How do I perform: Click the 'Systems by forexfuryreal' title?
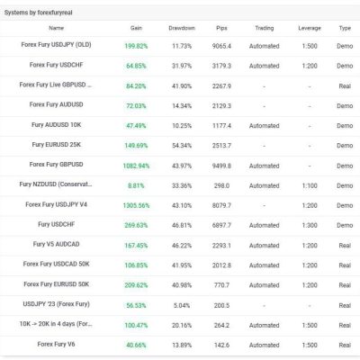(38, 13)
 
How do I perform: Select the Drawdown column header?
(182, 28)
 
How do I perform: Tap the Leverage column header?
(310, 28)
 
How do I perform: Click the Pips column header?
(221, 28)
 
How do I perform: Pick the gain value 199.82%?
(136, 46)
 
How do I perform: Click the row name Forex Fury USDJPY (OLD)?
(56, 45)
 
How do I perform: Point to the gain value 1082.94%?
(136, 166)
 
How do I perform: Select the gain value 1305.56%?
(136, 205)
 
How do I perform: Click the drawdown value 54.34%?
(182, 146)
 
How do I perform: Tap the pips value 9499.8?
(221, 166)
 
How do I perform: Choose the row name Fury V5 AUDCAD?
(56, 244)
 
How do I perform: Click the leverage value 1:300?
(310, 225)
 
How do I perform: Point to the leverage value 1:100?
(310, 185)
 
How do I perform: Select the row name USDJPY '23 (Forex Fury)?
(56, 304)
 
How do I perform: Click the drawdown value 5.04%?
(182, 305)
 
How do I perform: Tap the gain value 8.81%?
(136, 185)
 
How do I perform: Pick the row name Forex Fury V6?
(56, 344)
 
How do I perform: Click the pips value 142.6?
(221, 345)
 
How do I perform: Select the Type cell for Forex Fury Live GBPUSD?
(345, 86)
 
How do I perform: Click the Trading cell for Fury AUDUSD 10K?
(265, 126)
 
